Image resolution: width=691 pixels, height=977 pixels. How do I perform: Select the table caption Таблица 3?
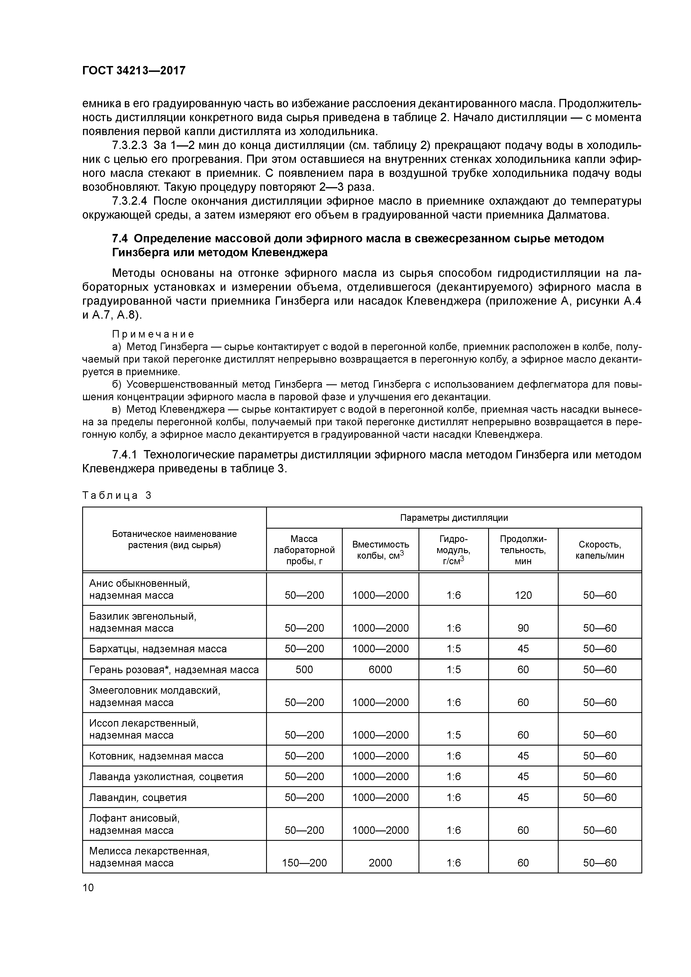point(117,495)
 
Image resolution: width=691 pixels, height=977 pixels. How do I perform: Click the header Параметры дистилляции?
point(454,518)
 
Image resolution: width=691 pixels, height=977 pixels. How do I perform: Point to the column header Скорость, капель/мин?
point(599,550)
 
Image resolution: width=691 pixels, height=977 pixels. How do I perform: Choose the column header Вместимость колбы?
point(380,550)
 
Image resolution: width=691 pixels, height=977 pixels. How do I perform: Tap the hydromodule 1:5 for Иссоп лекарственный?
point(453,735)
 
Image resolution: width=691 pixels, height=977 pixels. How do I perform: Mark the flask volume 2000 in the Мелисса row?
point(380,863)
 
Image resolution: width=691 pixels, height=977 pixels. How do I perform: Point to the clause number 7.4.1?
point(124,455)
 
